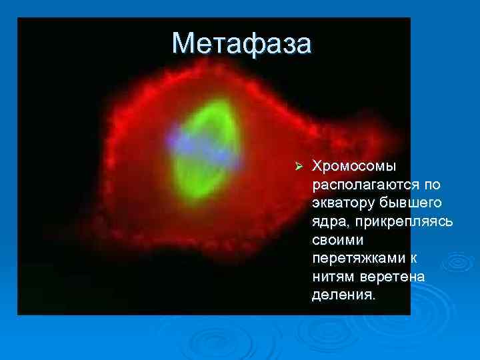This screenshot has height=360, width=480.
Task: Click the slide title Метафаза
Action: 241,43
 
